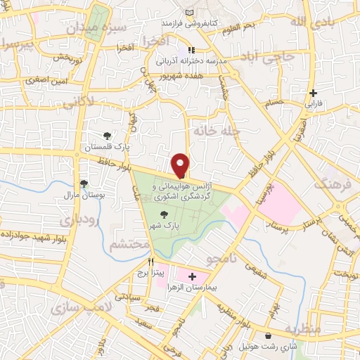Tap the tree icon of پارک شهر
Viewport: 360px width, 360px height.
tap(165, 216)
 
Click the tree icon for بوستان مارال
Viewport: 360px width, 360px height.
tap(84, 184)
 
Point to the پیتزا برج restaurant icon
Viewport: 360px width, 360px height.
tap(150, 260)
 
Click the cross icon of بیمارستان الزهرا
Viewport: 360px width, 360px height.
tap(192, 277)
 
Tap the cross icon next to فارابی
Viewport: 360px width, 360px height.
tap(313, 93)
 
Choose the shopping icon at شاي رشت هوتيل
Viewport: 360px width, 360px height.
tap(271, 336)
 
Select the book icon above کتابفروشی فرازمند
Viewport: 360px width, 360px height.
tap(188, 13)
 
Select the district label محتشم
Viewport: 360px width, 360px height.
tap(129, 244)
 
